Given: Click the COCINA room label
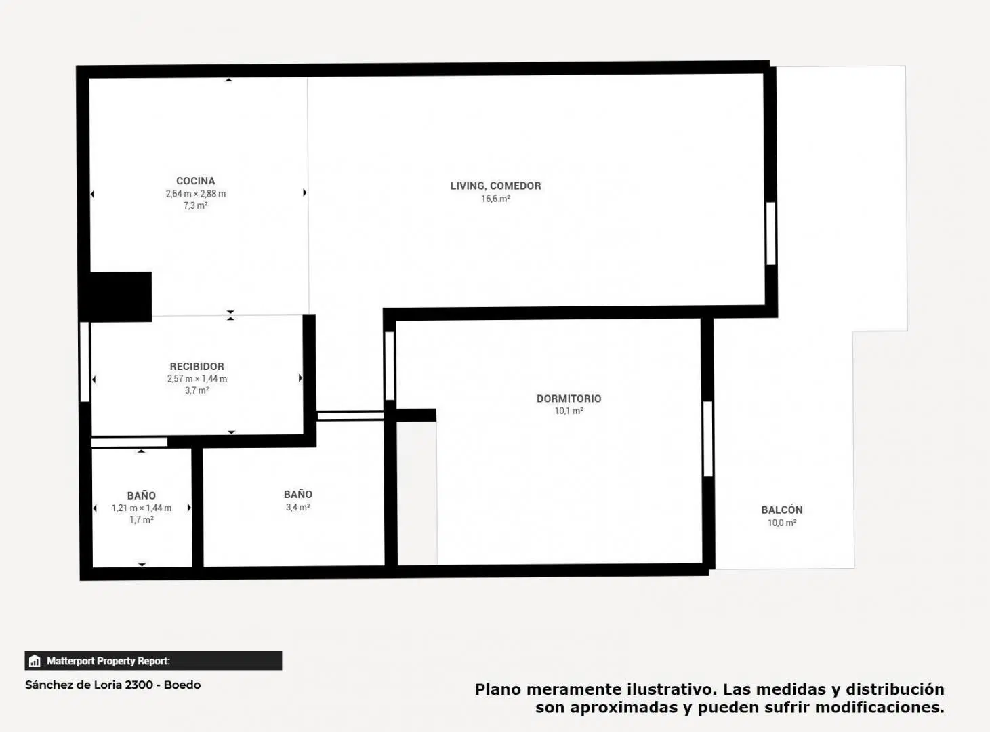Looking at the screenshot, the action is tap(196, 181).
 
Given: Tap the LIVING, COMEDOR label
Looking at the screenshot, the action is tap(495, 186).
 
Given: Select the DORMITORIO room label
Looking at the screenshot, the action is tap(569, 399).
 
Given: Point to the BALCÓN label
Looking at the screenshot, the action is tap(781, 510).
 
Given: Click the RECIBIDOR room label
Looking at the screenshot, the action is tap(197, 366).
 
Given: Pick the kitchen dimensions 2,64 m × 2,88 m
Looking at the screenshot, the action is tap(196, 194).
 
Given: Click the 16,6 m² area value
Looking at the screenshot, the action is tap(495, 199).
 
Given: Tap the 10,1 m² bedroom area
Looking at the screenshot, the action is tap(569, 411).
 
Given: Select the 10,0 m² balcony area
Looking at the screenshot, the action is tap(781, 523).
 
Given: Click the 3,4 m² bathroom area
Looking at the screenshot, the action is tap(297, 508).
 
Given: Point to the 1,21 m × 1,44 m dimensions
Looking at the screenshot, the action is tap(142, 508).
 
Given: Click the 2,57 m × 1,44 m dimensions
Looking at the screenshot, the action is tap(197, 379).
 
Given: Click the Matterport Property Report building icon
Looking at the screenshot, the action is tap(35, 661).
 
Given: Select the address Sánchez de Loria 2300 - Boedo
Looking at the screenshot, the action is tap(113, 685).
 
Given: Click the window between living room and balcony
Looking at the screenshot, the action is tap(771, 234).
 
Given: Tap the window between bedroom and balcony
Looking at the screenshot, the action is tap(708, 439).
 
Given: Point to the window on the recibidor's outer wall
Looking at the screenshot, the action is tap(84, 362).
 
